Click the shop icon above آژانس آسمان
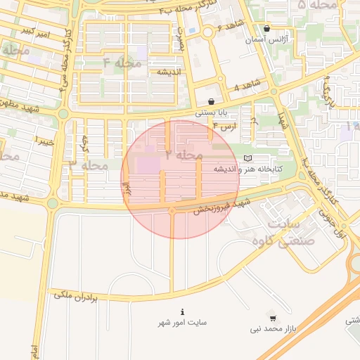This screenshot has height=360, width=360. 266,29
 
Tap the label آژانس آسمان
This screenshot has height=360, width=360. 266,40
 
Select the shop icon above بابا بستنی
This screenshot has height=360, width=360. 211,102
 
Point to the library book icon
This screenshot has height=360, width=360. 247,158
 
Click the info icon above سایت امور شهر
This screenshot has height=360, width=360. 182,311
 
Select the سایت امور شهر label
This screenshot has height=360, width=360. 182,323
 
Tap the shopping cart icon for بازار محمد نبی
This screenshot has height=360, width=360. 273,318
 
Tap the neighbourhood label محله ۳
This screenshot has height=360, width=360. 89,165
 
